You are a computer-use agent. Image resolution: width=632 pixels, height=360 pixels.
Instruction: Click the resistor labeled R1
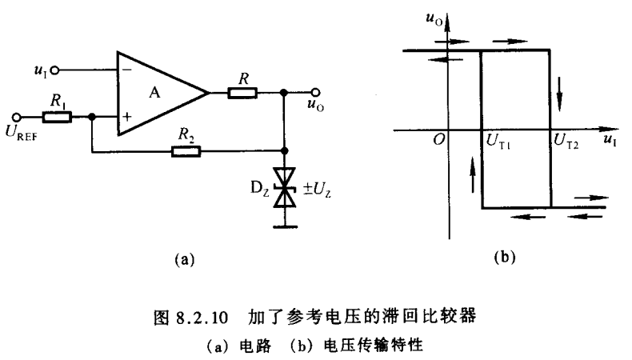point(58,117)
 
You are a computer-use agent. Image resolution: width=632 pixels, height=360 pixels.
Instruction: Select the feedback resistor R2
point(187,150)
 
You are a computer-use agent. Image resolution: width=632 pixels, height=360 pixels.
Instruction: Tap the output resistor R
point(242,93)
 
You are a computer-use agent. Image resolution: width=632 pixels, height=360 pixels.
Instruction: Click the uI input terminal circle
point(54,70)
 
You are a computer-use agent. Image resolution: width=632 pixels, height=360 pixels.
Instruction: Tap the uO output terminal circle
point(318,93)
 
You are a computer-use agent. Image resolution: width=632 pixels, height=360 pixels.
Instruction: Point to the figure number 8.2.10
point(198,317)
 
